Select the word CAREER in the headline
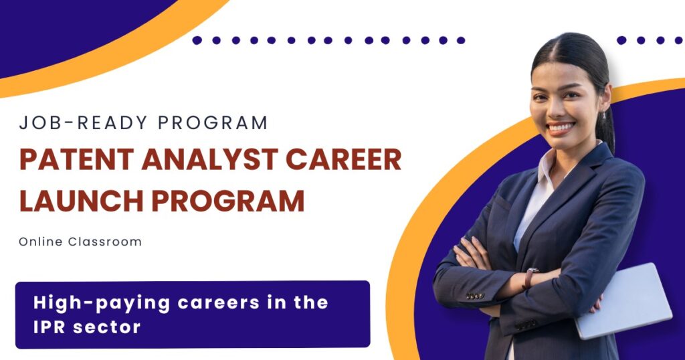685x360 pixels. click(x=343, y=159)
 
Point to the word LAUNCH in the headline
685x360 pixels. click(x=82, y=201)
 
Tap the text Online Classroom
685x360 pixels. click(x=80, y=242)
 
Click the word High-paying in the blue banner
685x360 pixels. click(x=102, y=303)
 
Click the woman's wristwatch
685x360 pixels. click(x=530, y=278)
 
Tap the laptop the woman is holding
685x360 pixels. click(x=624, y=300)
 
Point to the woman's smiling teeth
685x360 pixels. click(x=561, y=128)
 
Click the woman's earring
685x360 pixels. click(x=604, y=115)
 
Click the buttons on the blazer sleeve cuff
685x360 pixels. click(x=474, y=296)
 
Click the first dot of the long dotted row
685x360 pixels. click(x=197, y=40)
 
